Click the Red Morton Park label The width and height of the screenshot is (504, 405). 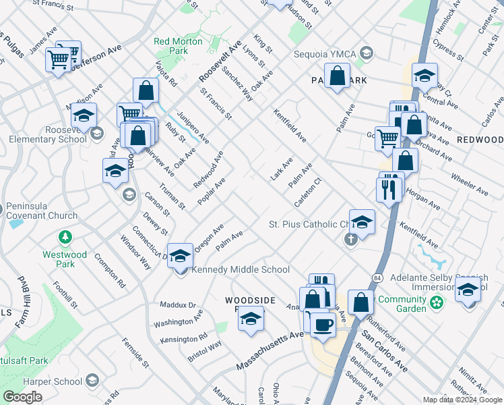(178, 46)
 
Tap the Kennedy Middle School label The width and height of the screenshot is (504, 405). (241, 269)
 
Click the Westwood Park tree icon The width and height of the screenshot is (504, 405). (65, 238)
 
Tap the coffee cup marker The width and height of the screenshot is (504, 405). (323, 325)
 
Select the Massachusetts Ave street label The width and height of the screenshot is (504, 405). (270, 350)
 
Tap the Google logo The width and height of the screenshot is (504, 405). (22, 397)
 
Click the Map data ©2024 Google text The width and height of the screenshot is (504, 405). (462, 400)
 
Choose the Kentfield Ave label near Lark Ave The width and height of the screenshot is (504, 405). (290, 126)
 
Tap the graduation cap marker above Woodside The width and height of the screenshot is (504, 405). (251, 319)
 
